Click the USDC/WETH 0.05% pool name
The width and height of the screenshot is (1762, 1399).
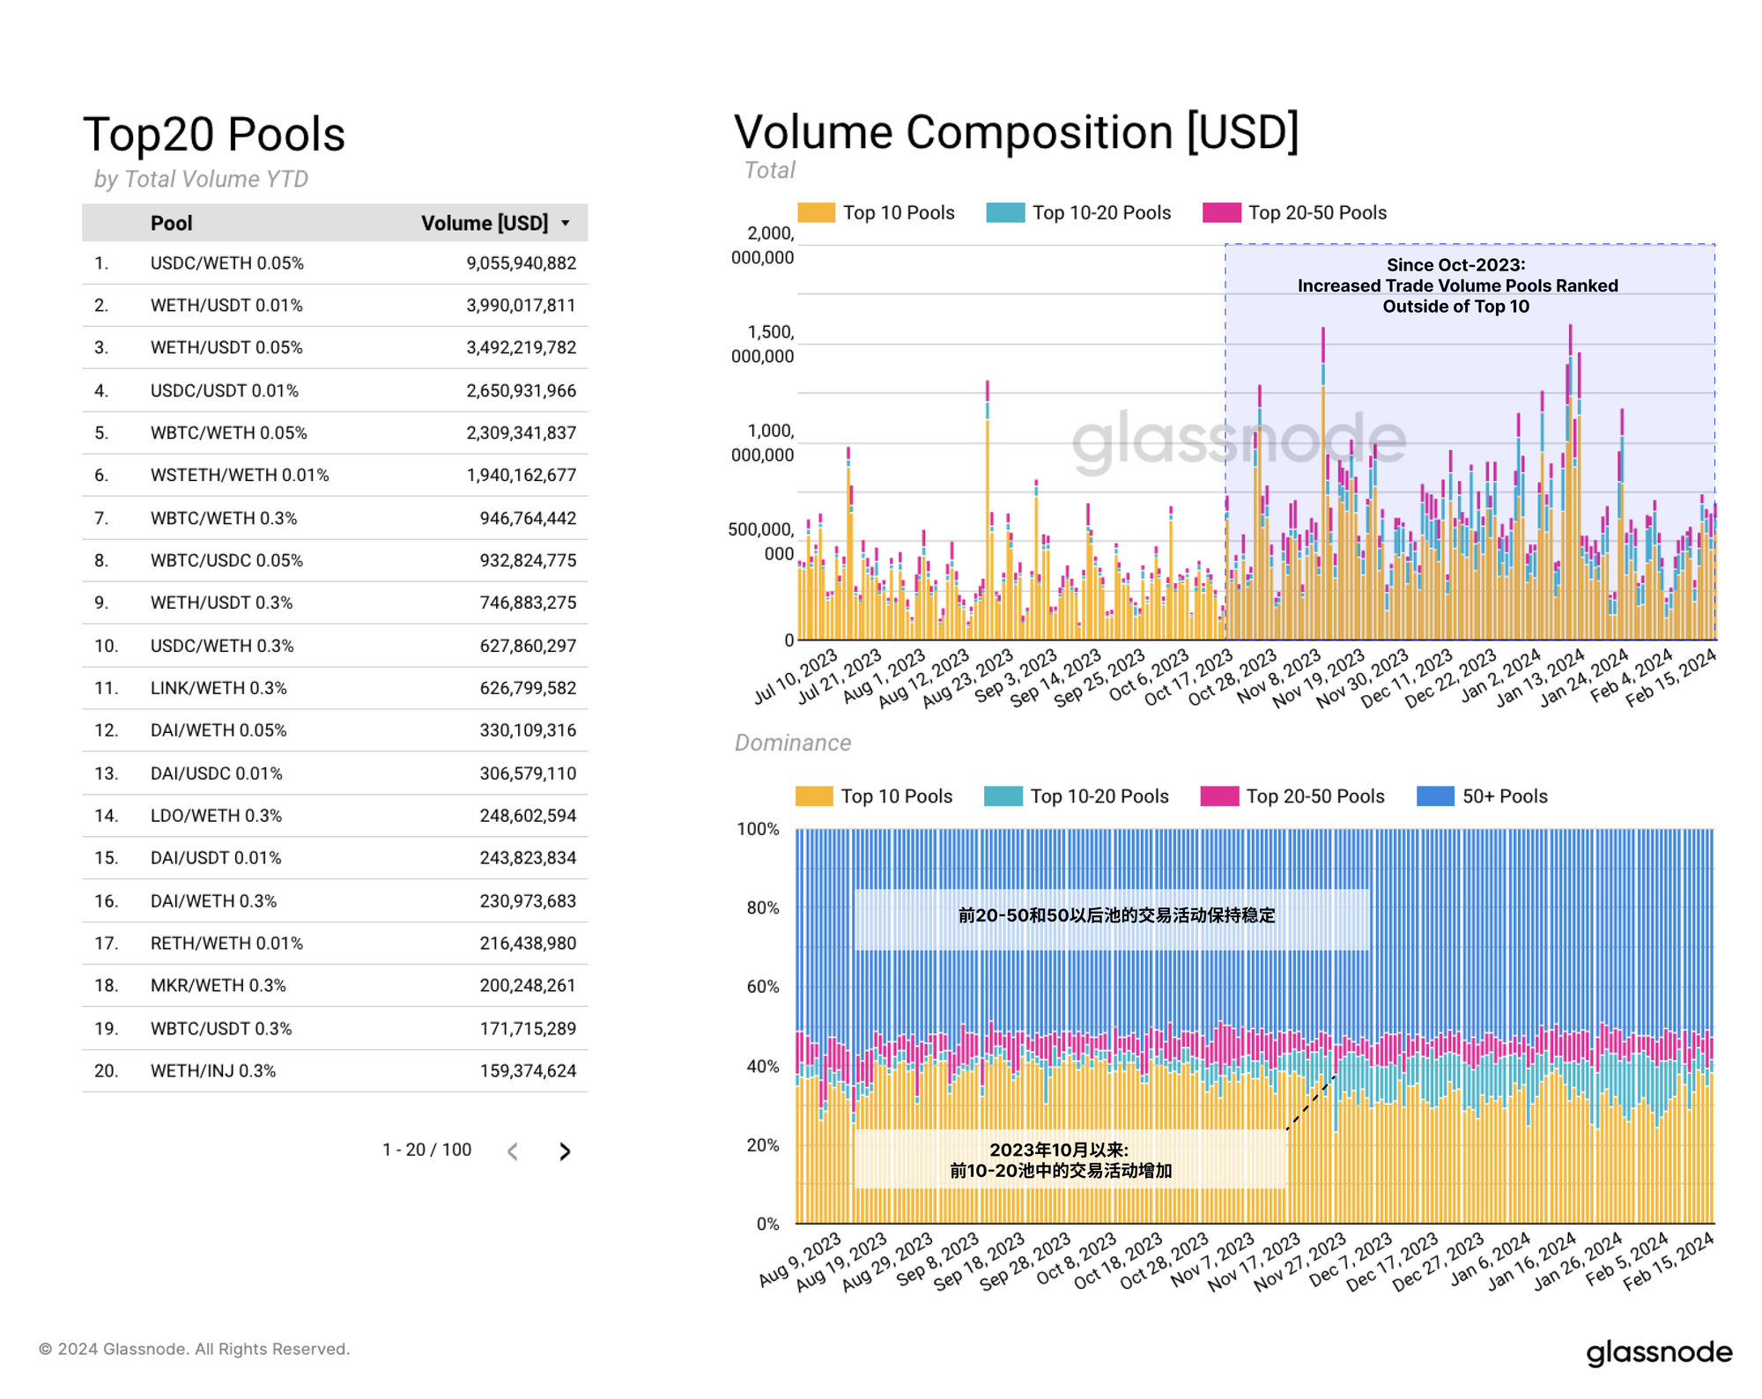point(226,263)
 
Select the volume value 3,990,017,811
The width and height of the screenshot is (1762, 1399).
point(521,306)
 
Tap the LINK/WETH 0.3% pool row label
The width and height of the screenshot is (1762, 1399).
point(218,688)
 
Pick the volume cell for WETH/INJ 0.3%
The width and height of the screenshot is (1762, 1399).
point(527,1071)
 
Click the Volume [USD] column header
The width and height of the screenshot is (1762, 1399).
point(485,223)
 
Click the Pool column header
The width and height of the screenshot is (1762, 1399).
point(171,223)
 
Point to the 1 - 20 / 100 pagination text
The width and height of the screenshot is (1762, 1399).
point(426,1150)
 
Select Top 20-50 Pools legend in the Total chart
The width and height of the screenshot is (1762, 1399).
point(1295,213)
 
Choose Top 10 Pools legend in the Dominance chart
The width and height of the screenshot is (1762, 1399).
point(875,796)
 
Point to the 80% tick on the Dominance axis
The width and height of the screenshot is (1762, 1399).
point(763,907)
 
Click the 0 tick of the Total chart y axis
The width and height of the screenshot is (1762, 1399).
point(789,640)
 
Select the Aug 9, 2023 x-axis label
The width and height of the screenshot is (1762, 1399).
point(800,1261)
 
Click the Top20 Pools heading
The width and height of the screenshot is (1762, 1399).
point(214,135)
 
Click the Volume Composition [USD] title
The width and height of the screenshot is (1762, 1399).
point(1016,132)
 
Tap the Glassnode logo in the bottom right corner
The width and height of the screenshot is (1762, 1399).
point(1659,1352)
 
